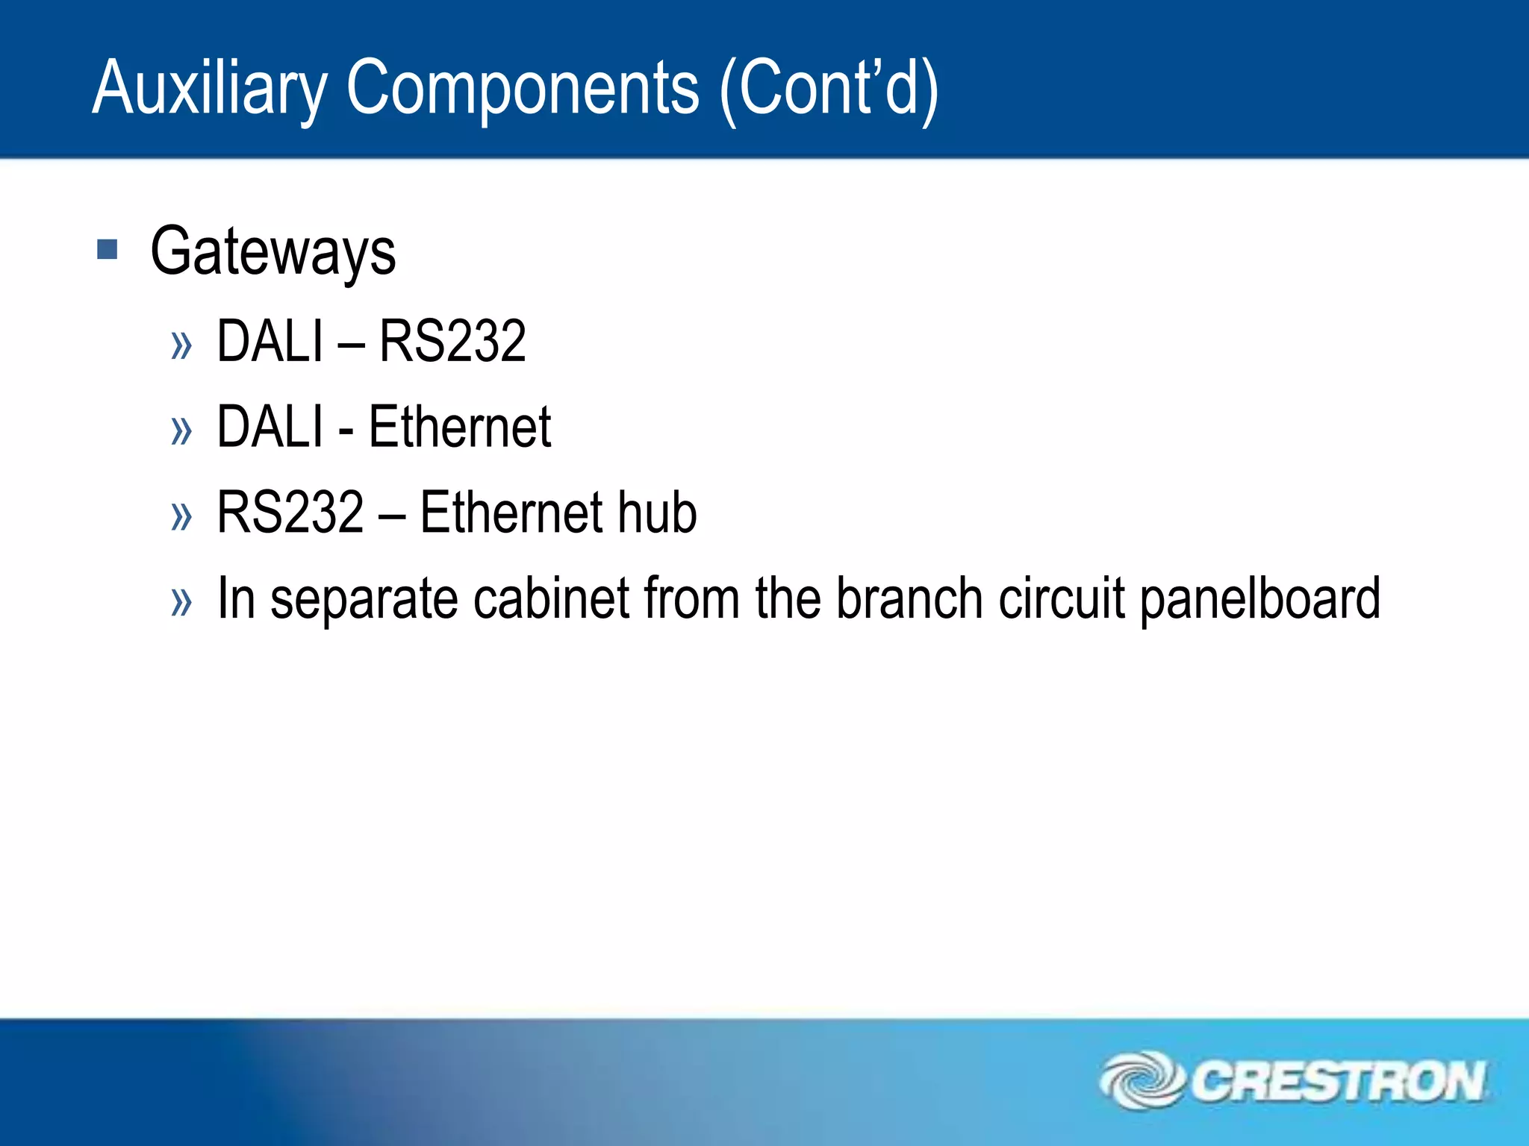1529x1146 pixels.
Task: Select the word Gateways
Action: (x=273, y=252)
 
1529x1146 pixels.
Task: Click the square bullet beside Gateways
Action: (x=108, y=249)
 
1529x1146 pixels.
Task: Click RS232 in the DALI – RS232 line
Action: (x=452, y=342)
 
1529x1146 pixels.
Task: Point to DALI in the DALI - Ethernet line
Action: (x=270, y=427)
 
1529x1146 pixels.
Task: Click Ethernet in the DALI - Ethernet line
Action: (x=460, y=427)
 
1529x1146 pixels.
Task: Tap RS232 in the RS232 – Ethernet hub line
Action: (x=290, y=513)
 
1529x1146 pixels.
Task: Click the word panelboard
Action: (x=1260, y=599)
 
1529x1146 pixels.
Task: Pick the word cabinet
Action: (x=552, y=599)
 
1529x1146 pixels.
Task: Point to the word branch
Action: (x=909, y=599)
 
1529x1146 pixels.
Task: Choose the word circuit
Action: (x=1061, y=599)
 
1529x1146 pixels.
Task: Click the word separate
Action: (x=364, y=599)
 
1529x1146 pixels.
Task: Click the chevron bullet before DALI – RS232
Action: (x=181, y=345)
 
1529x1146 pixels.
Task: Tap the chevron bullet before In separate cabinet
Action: (x=181, y=602)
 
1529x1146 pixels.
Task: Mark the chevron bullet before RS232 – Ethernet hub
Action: (x=181, y=516)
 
